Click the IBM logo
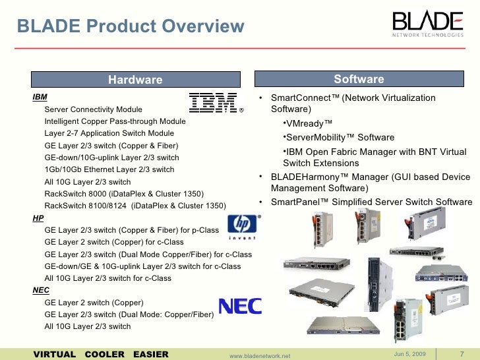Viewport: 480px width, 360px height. [214, 103]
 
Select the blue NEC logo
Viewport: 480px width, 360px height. [240, 307]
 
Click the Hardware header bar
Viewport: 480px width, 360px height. [135, 80]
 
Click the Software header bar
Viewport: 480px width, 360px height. [359, 80]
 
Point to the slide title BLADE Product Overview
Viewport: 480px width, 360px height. [130, 26]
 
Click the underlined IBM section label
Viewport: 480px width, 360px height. [40, 97]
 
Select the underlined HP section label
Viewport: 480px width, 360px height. [38, 218]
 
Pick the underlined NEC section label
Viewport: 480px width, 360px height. [41, 290]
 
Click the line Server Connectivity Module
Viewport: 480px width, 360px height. [93, 109]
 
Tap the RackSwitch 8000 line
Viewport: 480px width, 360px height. [124, 194]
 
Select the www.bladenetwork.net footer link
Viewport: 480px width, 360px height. [260, 355]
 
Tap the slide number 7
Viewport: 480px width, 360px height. [462, 355]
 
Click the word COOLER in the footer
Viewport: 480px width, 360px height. [105, 355]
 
